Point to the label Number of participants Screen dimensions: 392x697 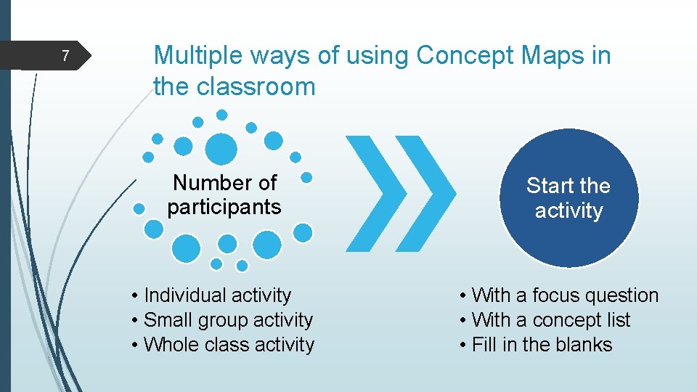pyautogui.click(x=224, y=195)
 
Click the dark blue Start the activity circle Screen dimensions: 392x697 pyautogui.click(x=568, y=198)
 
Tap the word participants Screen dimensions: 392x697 pyautogui.click(x=224, y=208)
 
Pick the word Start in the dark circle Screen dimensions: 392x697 pyautogui.click(x=550, y=186)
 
